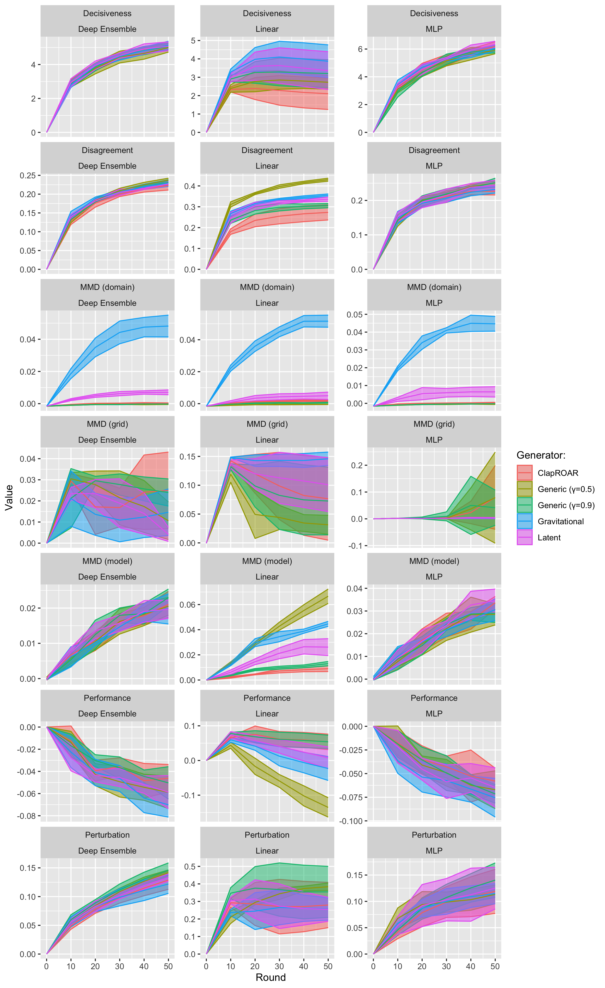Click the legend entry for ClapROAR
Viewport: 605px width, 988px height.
(557, 473)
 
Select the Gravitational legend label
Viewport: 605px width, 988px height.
(560, 521)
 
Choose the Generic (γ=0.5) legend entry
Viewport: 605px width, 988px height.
(566, 489)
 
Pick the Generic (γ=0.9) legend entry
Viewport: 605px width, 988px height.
(566, 505)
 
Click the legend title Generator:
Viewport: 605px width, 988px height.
(541, 455)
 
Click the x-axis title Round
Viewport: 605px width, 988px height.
(271, 977)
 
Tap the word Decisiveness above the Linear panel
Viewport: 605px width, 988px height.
(267, 13)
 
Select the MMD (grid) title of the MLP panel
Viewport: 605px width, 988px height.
(434, 424)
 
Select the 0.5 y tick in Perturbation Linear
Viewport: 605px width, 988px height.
(190, 867)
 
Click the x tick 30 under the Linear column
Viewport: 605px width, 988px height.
(279, 966)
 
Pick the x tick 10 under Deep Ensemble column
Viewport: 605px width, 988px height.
(71, 966)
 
